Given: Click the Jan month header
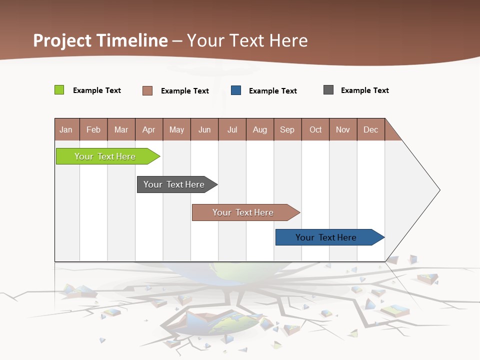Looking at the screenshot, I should point(66,129).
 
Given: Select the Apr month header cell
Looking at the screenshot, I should point(149,129).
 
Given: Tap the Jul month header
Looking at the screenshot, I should point(232,129).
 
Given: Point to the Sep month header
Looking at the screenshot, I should point(287,129).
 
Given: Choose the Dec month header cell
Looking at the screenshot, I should point(370,129).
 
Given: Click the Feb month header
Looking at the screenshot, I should point(93,129).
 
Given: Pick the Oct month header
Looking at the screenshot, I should point(315,129).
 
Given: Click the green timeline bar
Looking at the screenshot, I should point(105,156).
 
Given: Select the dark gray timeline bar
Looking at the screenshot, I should point(174,184).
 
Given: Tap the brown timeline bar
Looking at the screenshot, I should point(243,212).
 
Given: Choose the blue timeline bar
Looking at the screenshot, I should point(326,237).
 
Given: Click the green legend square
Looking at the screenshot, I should point(59,90).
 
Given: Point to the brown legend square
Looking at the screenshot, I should point(147,90).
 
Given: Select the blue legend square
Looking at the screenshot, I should point(236,90).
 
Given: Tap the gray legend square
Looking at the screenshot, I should point(328,90).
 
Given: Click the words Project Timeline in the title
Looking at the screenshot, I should point(100,40).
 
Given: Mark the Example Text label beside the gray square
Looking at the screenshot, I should point(364,90).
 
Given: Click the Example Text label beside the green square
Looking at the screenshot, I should point(97,90).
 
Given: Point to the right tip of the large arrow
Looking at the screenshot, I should point(439,190).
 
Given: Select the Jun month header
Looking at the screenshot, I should point(204,129).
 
